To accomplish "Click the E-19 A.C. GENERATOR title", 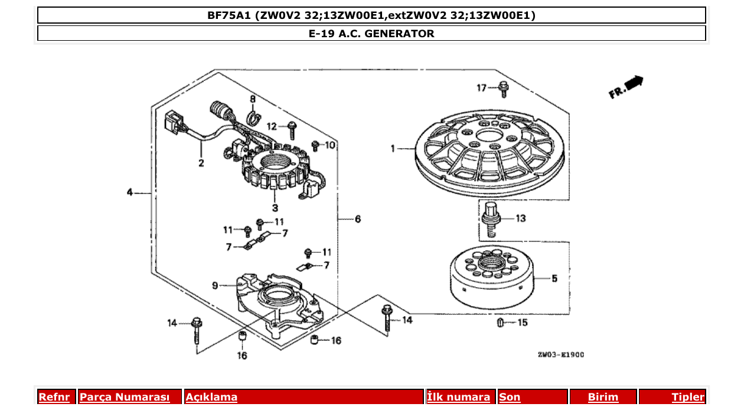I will (x=371, y=34).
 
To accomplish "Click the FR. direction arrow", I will (x=626, y=87).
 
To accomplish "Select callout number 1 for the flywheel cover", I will (x=393, y=149).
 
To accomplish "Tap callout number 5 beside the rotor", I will (x=554, y=278).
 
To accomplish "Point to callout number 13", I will (x=520, y=219).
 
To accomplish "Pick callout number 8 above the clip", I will (x=252, y=99).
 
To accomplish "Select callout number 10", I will (x=330, y=145).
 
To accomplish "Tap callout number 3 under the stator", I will (x=275, y=208).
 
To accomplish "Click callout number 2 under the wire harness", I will (x=201, y=163).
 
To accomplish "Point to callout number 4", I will (x=129, y=192).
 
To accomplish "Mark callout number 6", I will (x=358, y=219).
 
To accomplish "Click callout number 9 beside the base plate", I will (x=216, y=285).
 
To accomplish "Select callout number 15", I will (x=523, y=323).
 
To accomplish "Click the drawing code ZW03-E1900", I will (x=560, y=355).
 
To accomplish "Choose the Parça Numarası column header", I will (x=124, y=397).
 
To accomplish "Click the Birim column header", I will (x=603, y=397).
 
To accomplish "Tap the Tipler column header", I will (x=687, y=397).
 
